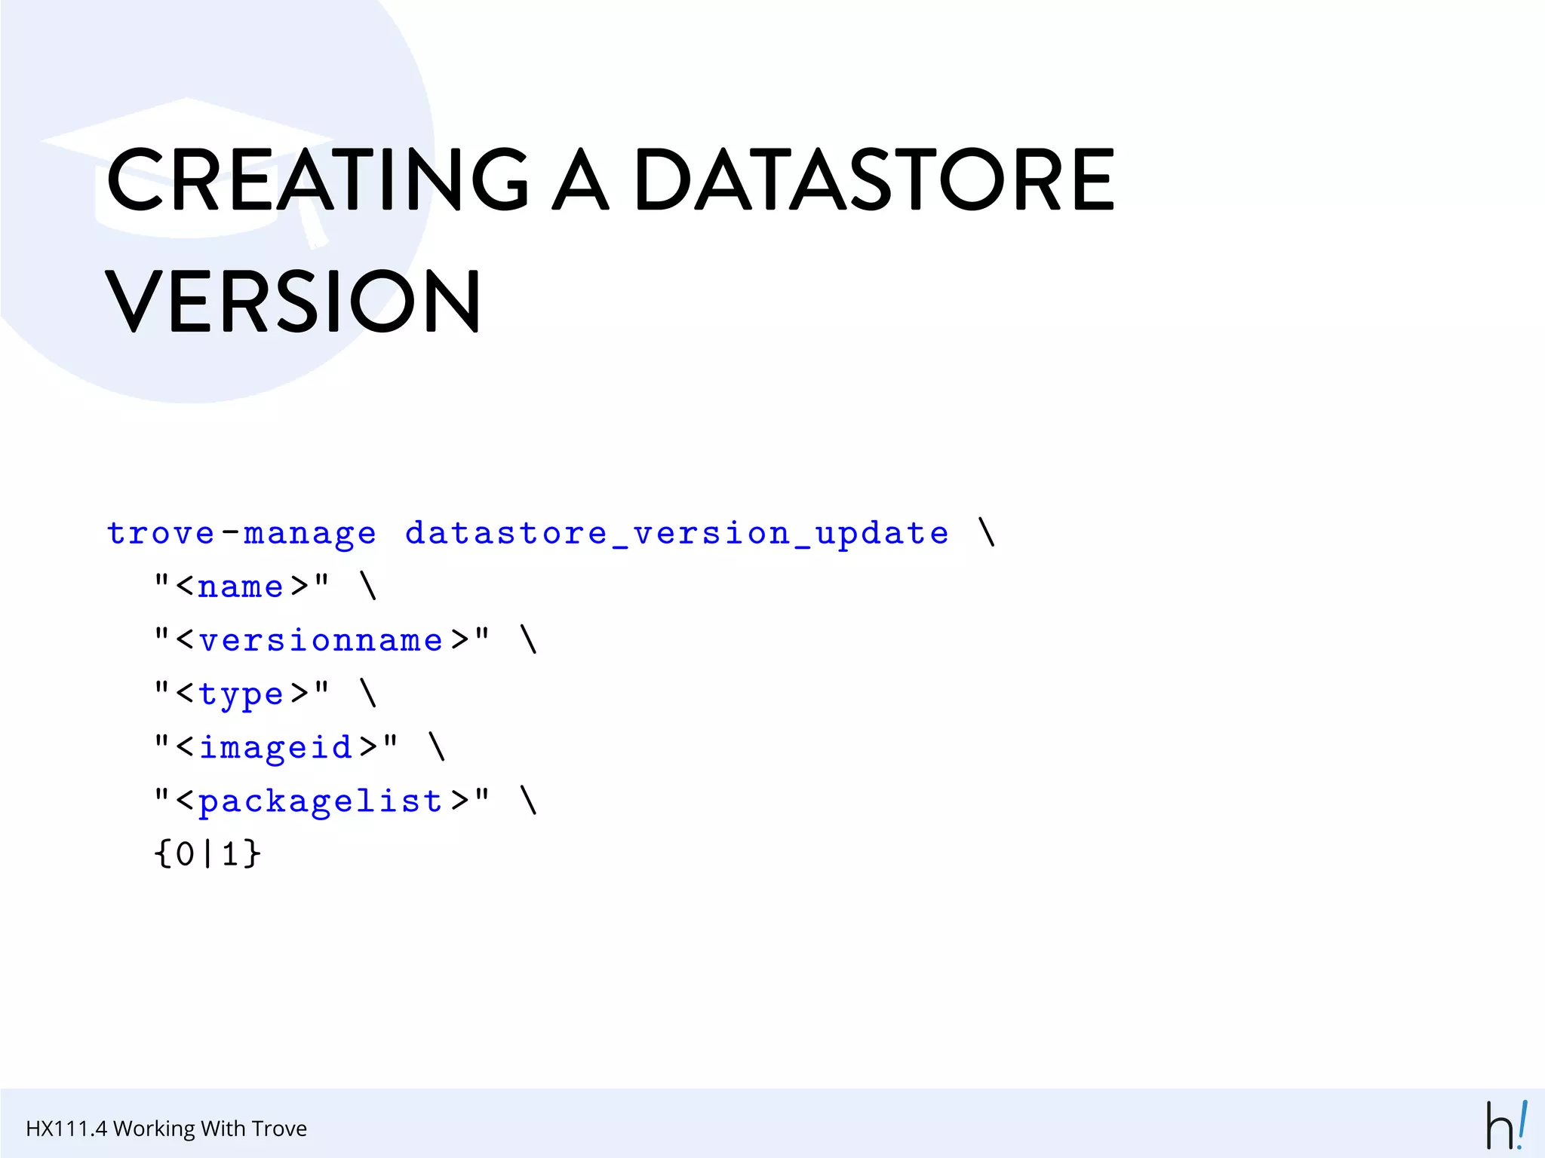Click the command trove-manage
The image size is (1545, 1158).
[241, 534]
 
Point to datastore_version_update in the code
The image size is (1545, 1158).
[677, 534]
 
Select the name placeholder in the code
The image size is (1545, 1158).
[241, 587]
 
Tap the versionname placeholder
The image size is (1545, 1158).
[321, 640]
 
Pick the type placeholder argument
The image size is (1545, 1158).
[241, 694]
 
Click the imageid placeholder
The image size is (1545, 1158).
[276, 747]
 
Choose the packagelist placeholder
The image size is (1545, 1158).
[321, 801]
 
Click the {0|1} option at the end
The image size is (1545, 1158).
[207, 854]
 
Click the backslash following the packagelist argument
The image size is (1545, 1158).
[529, 800]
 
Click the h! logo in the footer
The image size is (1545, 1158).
[1506, 1126]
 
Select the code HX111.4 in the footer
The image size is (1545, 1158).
[66, 1129]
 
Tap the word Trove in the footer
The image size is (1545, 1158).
[279, 1129]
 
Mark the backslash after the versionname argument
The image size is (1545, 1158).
[529, 639]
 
